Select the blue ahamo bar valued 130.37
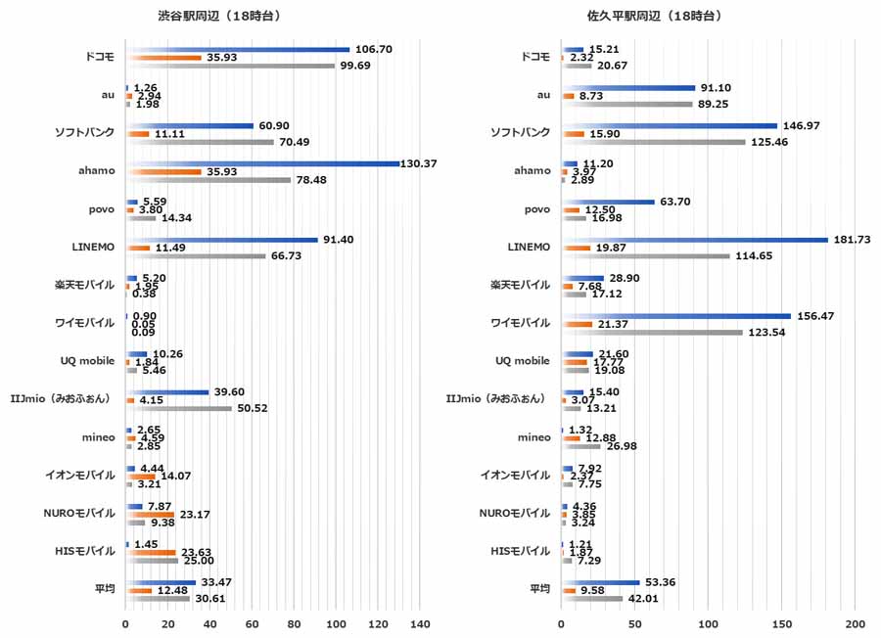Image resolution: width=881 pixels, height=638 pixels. [x=262, y=163]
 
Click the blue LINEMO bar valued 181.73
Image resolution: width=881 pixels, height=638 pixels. [x=694, y=240]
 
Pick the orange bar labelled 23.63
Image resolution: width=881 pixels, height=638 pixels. [x=151, y=552]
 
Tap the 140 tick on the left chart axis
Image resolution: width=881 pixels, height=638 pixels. [x=420, y=623]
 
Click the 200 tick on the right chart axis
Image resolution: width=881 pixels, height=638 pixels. [x=855, y=623]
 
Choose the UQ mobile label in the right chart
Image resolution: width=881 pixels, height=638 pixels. [x=523, y=361]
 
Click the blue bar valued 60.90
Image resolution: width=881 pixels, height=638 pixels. [x=190, y=125]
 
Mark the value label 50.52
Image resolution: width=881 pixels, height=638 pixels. [x=252, y=408]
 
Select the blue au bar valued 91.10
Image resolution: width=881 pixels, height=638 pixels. [x=627, y=88]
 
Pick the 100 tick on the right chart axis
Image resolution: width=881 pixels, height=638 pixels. [x=708, y=623]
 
